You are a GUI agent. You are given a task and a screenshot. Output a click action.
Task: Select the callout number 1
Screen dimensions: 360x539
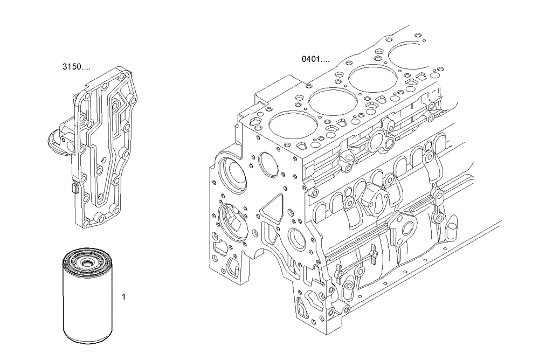tap(124, 296)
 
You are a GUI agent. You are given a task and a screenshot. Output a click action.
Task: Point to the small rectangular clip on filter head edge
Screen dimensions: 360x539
tap(74, 189)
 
